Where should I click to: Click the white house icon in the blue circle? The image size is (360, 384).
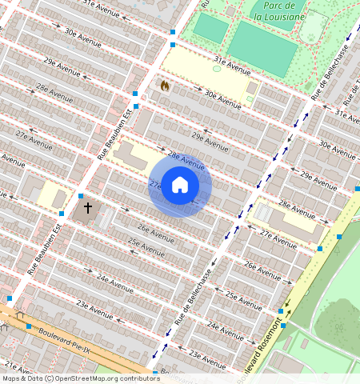click(x=180, y=185)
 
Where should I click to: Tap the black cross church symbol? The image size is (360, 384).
click(x=87, y=209)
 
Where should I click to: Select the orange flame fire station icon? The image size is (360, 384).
click(x=165, y=85)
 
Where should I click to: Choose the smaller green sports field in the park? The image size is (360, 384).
click(x=210, y=28)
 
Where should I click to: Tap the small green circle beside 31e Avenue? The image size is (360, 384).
click(x=217, y=69)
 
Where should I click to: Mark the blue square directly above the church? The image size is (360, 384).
click(x=81, y=196)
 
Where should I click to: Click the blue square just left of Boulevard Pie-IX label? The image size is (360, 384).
click(x=29, y=326)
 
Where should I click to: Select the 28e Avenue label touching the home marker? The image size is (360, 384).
click(x=186, y=160)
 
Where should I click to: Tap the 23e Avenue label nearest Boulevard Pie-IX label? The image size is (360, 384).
click(x=94, y=309)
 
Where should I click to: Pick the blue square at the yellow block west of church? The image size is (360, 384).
click(x=62, y=213)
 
